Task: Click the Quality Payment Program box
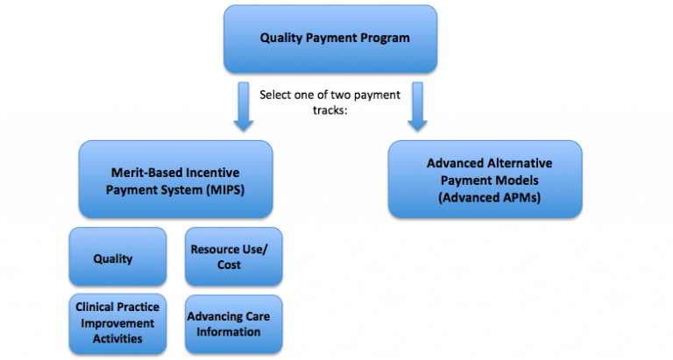(330, 39)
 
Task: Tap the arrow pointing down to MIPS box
(244, 106)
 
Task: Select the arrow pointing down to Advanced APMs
(417, 106)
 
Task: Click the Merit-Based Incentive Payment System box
(175, 180)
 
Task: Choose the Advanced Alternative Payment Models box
(485, 180)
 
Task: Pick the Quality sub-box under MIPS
(117, 257)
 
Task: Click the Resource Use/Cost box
(234, 257)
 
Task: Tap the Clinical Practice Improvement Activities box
(117, 324)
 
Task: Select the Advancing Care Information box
(234, 324)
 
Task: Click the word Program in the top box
(385, 39)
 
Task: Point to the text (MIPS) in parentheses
(225, 190)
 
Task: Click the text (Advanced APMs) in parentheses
(489, 197)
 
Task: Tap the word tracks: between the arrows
(329, 110)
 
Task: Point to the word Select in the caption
(275, 95)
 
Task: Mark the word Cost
(229, 265)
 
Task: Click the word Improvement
(117, 323)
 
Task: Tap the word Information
(229, 332)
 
